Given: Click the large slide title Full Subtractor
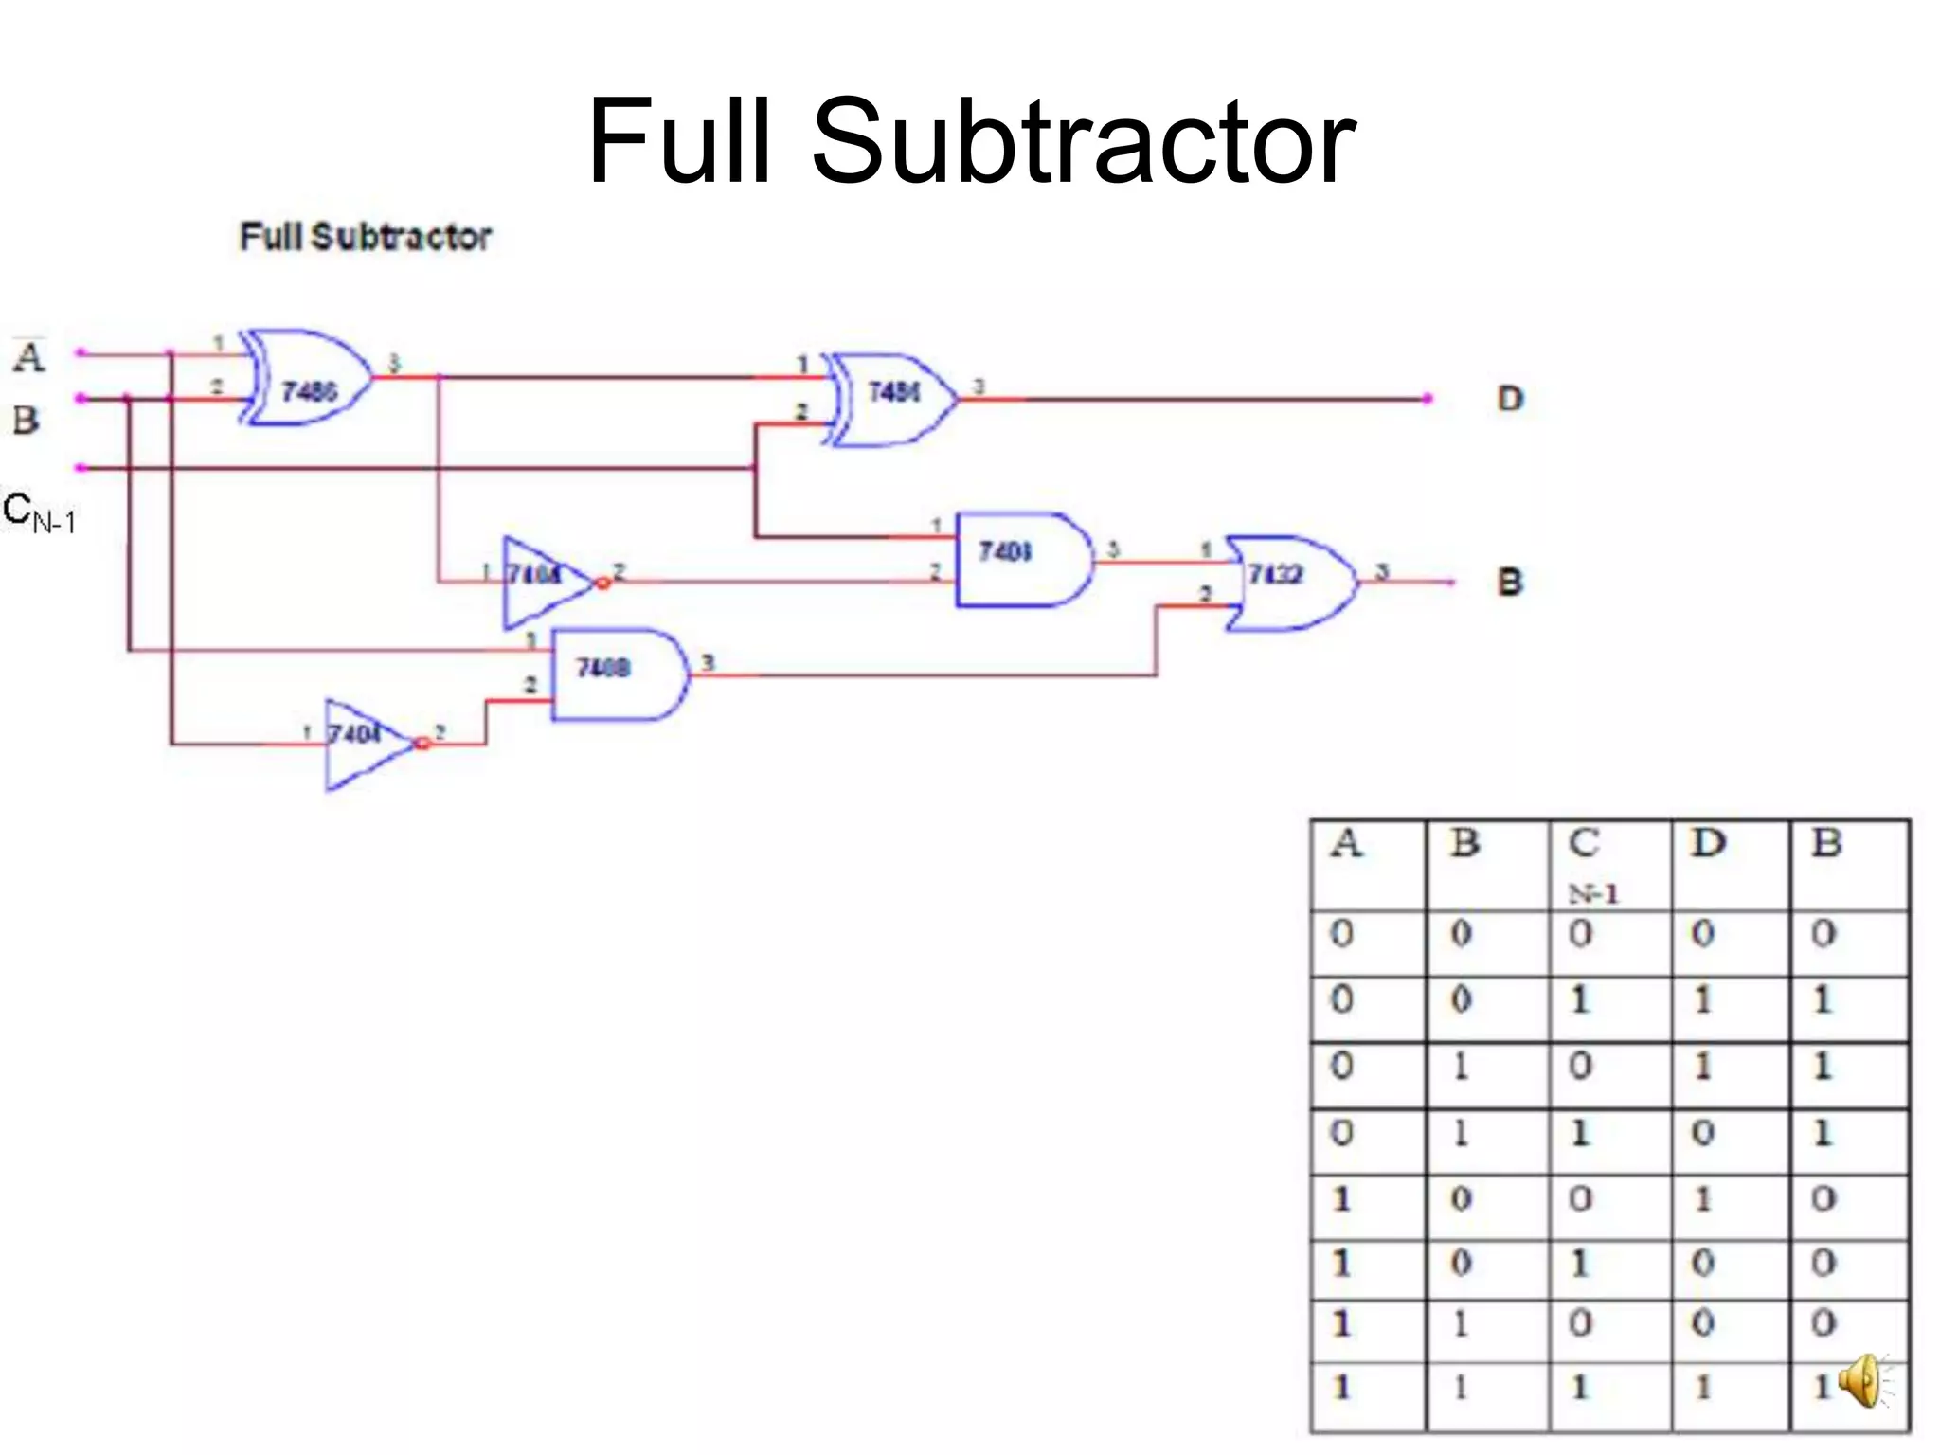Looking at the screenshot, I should pos(971,142).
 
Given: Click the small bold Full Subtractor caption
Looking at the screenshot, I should pos(366,237).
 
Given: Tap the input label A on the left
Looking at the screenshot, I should pos(28,357).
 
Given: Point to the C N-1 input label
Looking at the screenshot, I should pos(38,512).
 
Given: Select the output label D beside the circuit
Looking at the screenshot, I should pos(1510,399).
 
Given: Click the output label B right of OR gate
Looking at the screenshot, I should pos(1509,582).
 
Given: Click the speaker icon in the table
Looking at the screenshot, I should pos(1862,1381).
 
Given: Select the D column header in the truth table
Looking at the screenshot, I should pos(1709,843).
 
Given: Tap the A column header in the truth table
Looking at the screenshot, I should pos(1347,843).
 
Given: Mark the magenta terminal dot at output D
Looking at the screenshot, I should pos(1428,399).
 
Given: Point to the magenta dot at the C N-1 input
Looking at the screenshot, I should pos(81,468).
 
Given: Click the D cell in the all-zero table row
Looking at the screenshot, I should pos(1703,934).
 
